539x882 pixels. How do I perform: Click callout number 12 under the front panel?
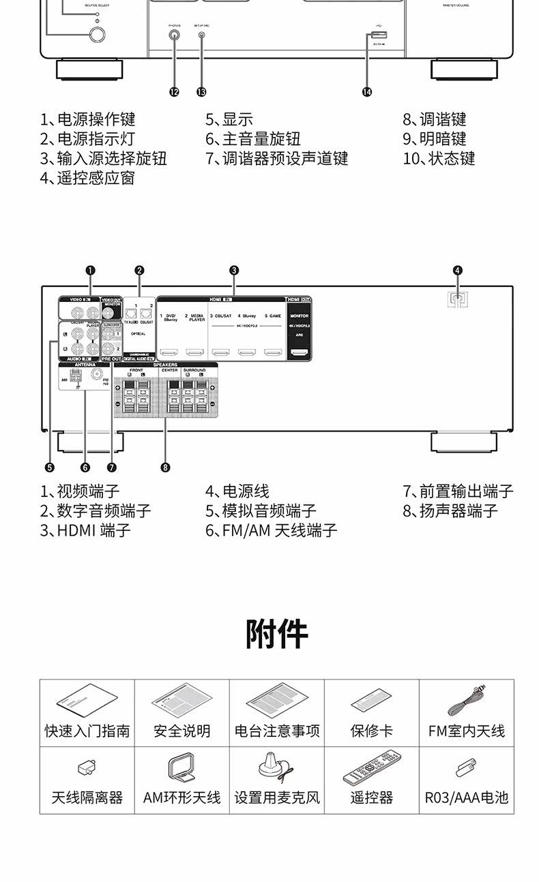pyautogui.click(x=174, y=92)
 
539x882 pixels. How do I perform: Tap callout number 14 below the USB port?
pyautogui.click(x=368, y=92)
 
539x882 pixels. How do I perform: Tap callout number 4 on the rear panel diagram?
pyautogui.click(x=458, y=270)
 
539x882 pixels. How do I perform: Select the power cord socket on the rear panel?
pyautogui.click(x=458, y=298)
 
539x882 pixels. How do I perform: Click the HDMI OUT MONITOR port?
pyautogui.click(x=299, y=353)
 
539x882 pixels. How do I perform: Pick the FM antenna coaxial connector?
pyautogui.click(x=97, y=375)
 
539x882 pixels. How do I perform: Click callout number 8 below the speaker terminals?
pyautogui.click(x=166, y=467)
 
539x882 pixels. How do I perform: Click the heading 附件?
pyautogui.click(x=277, y=634)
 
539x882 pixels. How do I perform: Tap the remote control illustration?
pyautogui.click(x=371, y=767)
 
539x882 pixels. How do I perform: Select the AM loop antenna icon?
pyautogui.click(x=181, y=768)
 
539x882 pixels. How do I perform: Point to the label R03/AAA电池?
pyautogui.click(x=467, y=797)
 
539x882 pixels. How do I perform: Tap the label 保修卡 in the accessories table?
pyautogui.click(x=371, y=731)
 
